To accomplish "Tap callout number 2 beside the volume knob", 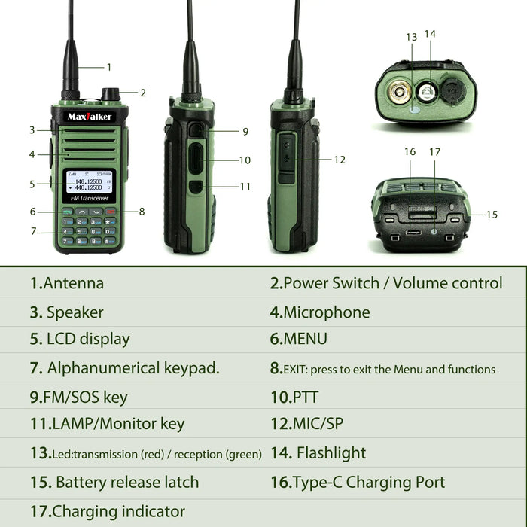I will coord(143,93).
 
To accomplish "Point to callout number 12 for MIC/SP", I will coord(340,160).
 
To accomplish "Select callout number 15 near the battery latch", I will coord(492,215).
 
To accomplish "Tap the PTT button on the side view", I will coord(197,160).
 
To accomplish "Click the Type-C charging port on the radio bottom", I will coord(413,232).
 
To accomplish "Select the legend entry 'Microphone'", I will coord(327,312).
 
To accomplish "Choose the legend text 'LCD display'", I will coord(88,340).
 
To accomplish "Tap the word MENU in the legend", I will coord(305,340).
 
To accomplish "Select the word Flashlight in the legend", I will coord(331,453).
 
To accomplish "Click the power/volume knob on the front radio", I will coord(111,95).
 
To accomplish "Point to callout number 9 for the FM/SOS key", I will coord(245,132).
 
